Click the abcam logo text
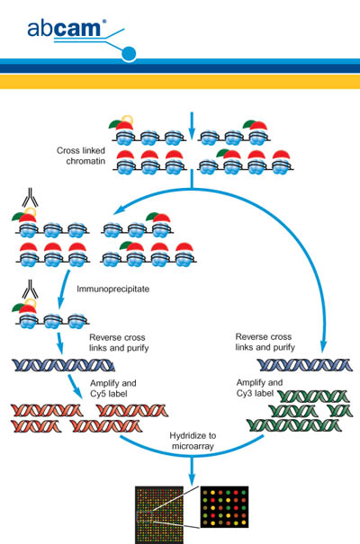[64, 29]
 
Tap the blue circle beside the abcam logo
[129, 54]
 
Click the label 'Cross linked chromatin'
[81, 156]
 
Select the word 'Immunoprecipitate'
[113, 289]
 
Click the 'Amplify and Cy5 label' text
[113, 388]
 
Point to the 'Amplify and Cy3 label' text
[259, 388]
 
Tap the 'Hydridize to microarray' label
[193, 441]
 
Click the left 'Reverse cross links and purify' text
[119, 343]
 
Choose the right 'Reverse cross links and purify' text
[265, 342]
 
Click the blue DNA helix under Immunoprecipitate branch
[63, 365]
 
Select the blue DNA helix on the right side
[304, 365]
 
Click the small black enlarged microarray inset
[224, 507]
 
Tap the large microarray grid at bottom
[159, 515]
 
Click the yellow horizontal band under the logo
[180, 82]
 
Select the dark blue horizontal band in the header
[180, 68]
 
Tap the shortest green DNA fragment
[341, 411]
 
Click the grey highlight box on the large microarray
[144, 517]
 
